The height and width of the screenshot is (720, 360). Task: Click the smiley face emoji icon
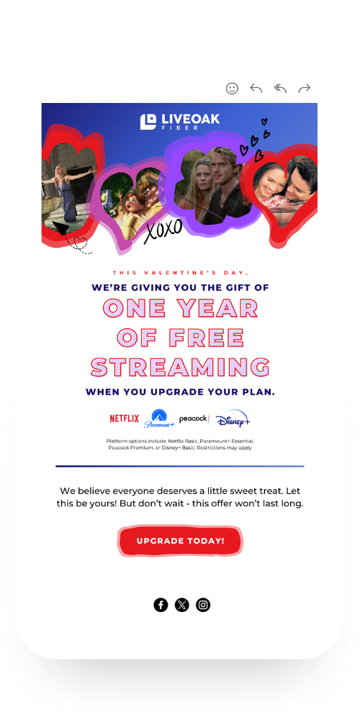coord(233,88)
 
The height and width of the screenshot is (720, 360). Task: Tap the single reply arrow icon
coord(256,88)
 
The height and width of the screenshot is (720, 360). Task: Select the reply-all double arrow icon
coord(280,88)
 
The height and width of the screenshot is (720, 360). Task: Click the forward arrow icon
coord(305,88)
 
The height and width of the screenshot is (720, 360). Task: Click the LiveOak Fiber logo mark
coord(148,122)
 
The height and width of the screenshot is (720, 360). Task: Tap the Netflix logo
coord(124,419)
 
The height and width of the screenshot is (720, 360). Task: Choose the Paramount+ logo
coord(159,418)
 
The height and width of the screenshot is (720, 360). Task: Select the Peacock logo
coord(194,419)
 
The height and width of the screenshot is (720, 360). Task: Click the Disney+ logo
coord(233,418)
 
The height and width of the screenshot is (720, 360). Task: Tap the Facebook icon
coord(161,605)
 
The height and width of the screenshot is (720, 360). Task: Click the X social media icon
coord(182,605)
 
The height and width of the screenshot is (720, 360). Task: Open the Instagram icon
coord(203,605)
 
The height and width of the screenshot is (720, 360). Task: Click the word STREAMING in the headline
coord(180,367)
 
